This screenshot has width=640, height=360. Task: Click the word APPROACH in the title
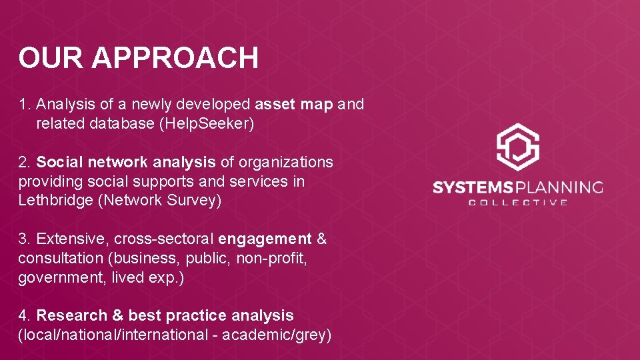coord(175,58)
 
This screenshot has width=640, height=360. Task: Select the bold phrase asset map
coord(294,105)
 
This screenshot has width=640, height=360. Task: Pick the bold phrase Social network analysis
coord(126,162)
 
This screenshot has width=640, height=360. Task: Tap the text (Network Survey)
coord(159,201)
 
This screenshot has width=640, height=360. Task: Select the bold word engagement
coord(265,239)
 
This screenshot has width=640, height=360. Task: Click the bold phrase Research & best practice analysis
coord(165,315)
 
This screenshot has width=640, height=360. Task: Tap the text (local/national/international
coord(113,335)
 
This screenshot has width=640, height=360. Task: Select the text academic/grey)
coord(277,335)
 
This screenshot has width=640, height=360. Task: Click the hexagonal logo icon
coord(518,147)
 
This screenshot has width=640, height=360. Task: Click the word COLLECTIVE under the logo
coord(518,203)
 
